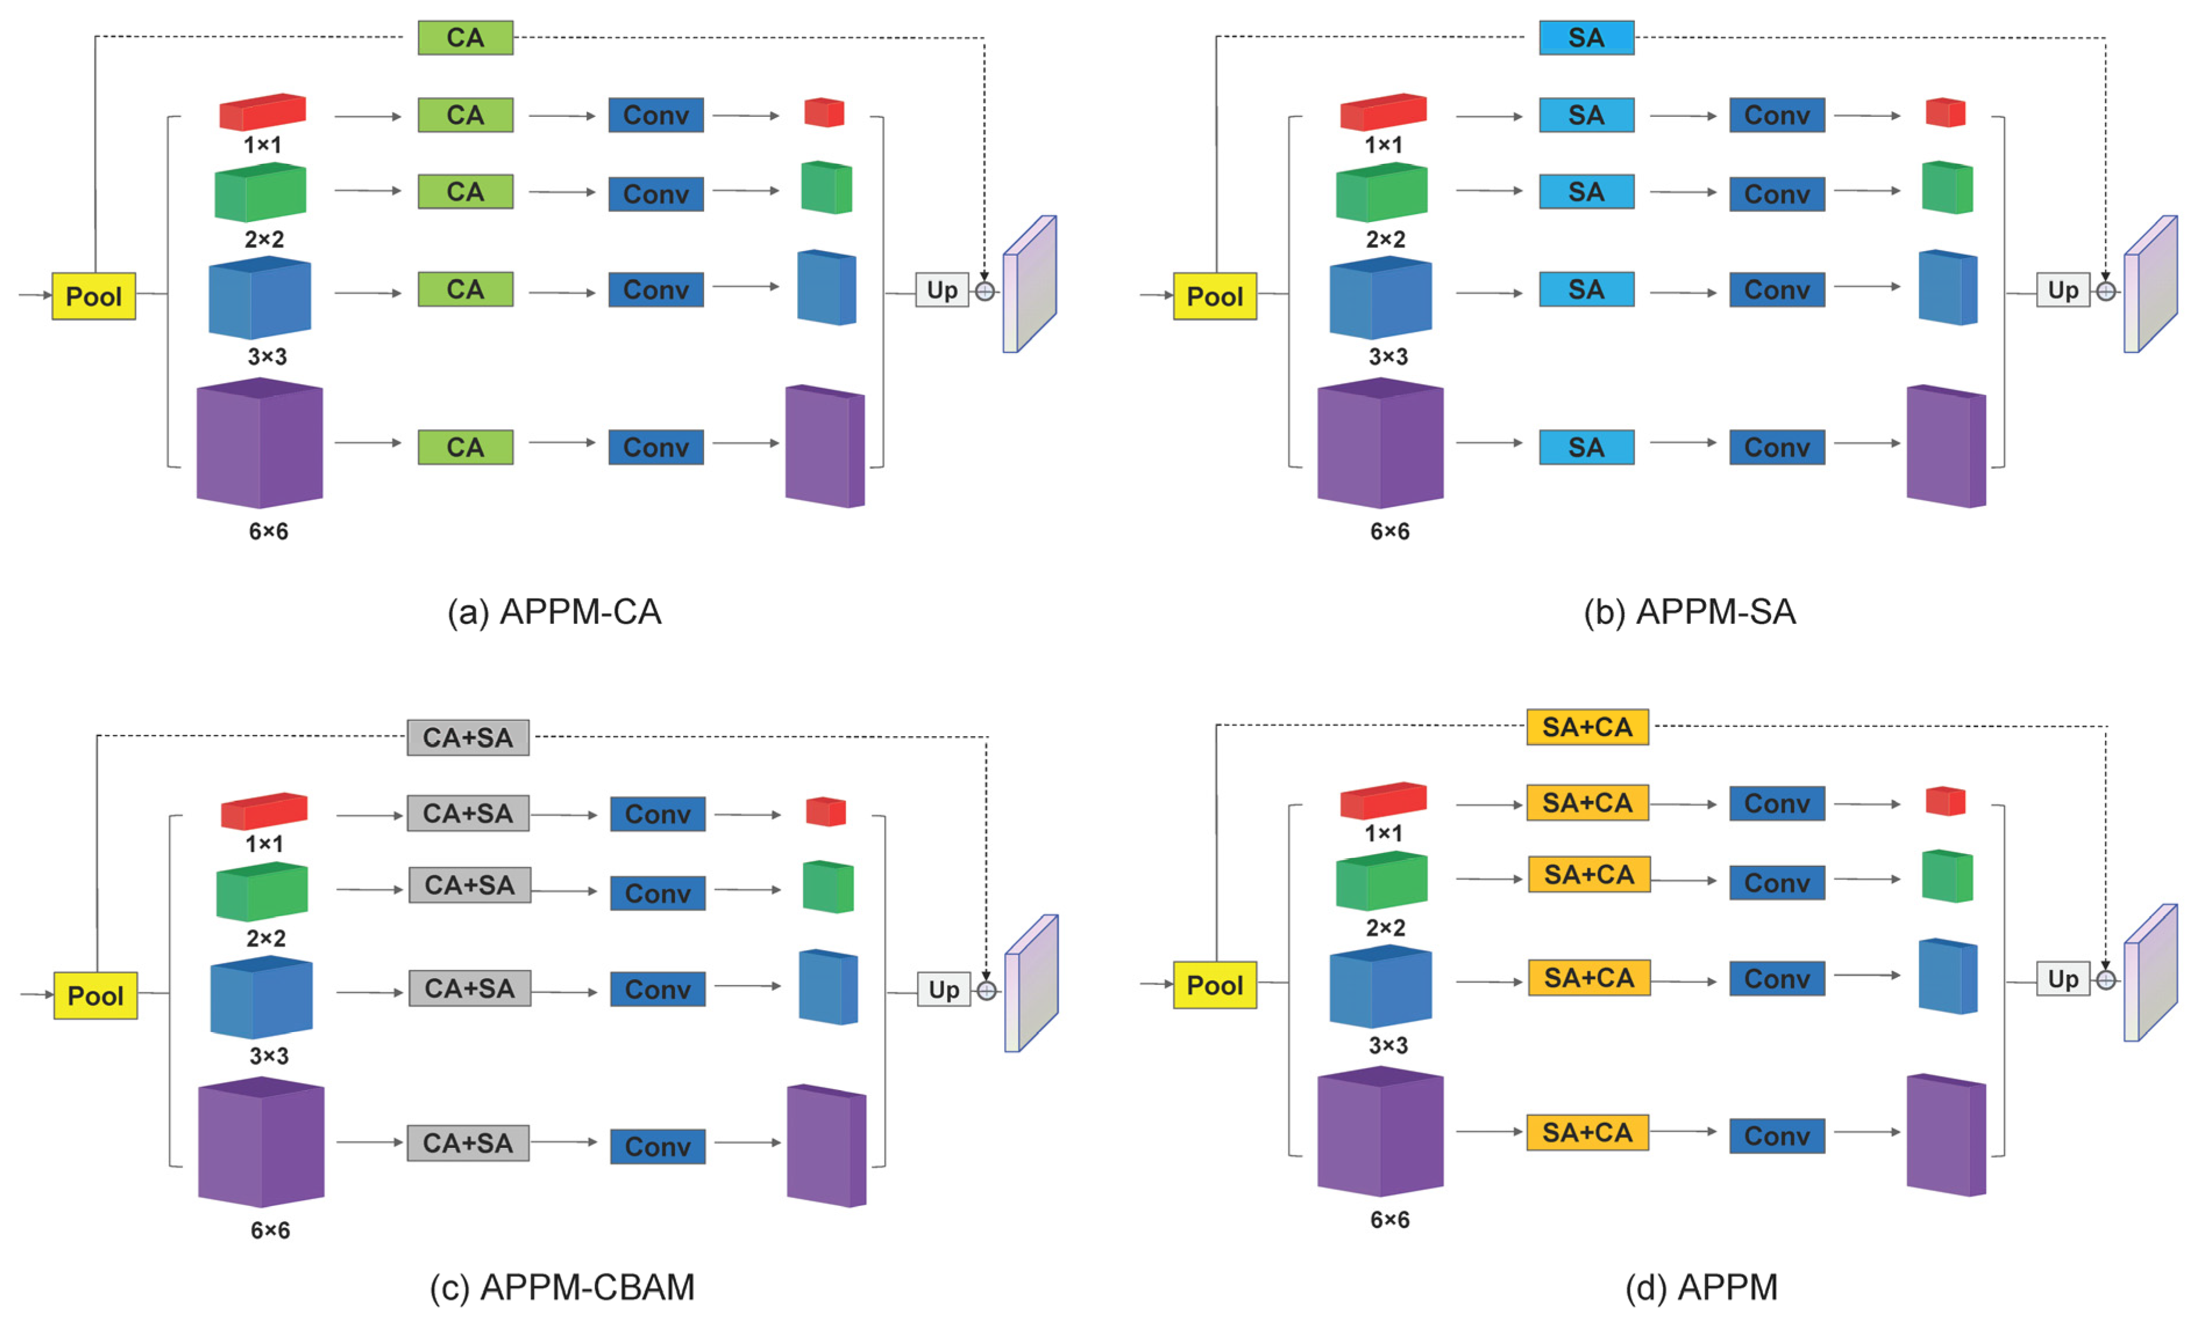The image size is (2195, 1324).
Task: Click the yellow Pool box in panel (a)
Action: [94, 296]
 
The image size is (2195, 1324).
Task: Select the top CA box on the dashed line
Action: [465, 37]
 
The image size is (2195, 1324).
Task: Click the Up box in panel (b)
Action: [2062, 291]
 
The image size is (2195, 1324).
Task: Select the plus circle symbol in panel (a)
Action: [984, 291]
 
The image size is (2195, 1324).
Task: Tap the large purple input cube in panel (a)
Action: [259, 443]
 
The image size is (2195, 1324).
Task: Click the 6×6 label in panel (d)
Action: [1389, 1220]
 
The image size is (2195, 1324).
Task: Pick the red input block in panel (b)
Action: [1383, 112]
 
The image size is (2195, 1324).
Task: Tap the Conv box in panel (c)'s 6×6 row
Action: [658, 1146]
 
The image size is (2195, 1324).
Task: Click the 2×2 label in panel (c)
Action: [266, 938]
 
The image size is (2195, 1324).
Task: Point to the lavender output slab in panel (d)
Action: [2150, 973]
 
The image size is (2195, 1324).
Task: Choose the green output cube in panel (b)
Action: [1947, 187]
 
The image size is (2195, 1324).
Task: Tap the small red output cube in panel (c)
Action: [825, 812]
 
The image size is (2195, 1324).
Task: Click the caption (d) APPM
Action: [1701, 1287]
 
